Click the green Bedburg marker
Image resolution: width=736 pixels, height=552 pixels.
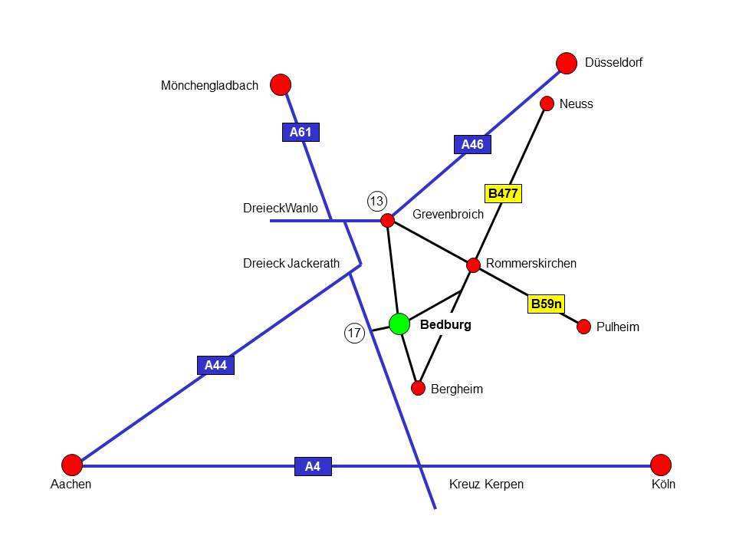tap(399, 324)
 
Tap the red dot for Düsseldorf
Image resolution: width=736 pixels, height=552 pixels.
tap(567, 63)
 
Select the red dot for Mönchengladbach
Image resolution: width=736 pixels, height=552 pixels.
tap(281, 84)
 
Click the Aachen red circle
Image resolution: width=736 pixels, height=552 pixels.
tap(72, 465)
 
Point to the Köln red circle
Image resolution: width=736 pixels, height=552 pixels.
tap(661, 465)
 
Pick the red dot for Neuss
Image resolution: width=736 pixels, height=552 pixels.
tap(547, 103)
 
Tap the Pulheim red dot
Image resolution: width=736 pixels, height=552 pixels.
tap(584, 326)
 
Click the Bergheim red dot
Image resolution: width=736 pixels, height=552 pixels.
tap(418, 388)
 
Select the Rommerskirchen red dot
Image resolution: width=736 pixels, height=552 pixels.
tap(474, 265)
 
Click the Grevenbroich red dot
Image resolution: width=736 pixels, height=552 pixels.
tap(388, 221)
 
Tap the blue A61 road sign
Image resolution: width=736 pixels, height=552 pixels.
tap(300, 133)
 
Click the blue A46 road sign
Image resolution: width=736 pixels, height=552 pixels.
tap(472, 144)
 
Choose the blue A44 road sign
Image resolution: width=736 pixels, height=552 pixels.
tap(215, 366)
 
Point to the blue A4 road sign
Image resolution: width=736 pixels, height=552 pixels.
tap(313, 466)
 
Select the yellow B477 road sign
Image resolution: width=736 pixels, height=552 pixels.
tap(503, 193)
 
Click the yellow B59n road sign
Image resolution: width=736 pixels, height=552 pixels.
tap(547, 304)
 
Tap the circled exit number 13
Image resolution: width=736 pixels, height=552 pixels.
tap(376, 202)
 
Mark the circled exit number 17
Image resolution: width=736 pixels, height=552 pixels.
tap(353, 333)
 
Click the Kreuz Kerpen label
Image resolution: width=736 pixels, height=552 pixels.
tap(486, 485)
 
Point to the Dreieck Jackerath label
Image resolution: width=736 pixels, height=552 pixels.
tap(291, 264)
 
